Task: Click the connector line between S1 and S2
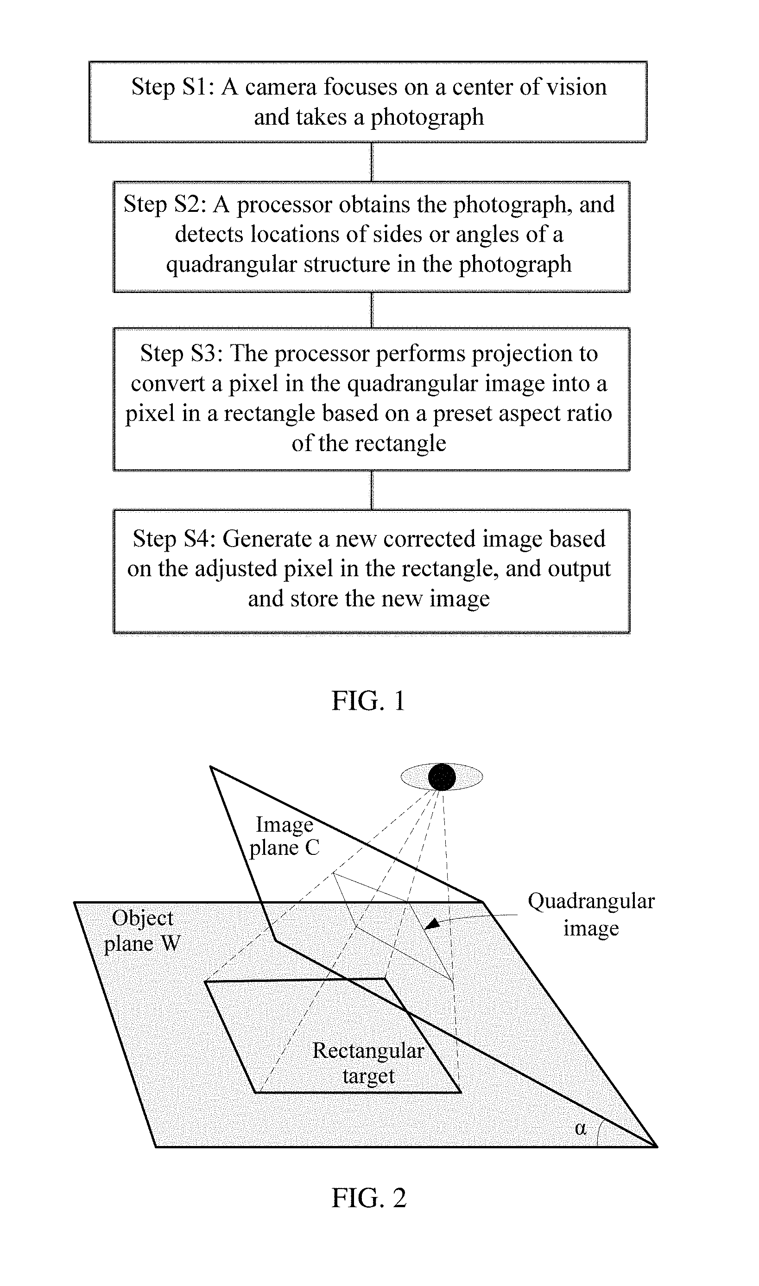click(x=372, y=162)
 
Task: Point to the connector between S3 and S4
click(x=372, y=490)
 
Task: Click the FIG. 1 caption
click(x=368, y=700)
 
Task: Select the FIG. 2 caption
click(x=369, y=1197)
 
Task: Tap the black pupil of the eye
click(x=442, y=777)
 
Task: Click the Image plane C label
click(x=285, y=836)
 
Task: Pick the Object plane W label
click(x=143, y=931)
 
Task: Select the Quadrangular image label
click(x=591, y=914)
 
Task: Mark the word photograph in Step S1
click(x=427, y=117)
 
